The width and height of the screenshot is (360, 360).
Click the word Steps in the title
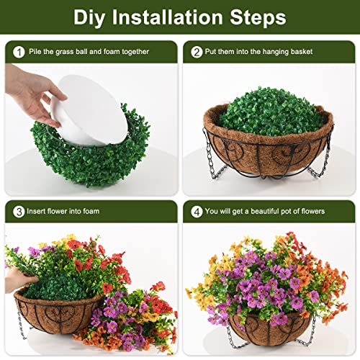coord(258,17)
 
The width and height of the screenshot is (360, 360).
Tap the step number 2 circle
coord(197,52)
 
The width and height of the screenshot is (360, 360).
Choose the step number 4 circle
coord(197,211)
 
